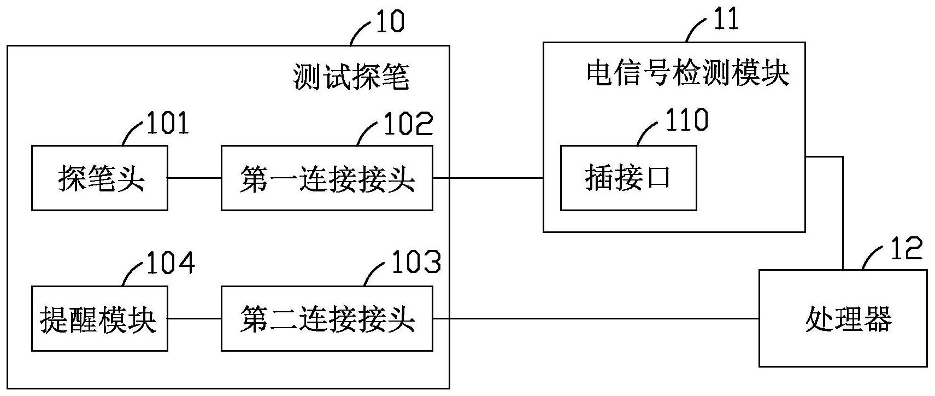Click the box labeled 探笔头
click(x=99, y=178)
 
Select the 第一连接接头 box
click(x=327, y=178)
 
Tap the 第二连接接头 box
click(x=327, y=319)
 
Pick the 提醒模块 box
click(x=99, y=319)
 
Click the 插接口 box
click(x=628, y=178)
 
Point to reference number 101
click(x=167, y=123)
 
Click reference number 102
click(x=408, y=123)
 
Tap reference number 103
click(x=415, y=263)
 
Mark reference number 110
click(x=686, y=119)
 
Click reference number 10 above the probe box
click(x=389, y=22)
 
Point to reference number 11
click(x=726, y=20)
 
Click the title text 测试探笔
click(x=351, y=77)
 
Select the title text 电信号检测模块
click(x=688, y=73)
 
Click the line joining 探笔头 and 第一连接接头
click(x=194, y=178)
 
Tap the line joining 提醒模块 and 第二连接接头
click(x=194, y=319)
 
